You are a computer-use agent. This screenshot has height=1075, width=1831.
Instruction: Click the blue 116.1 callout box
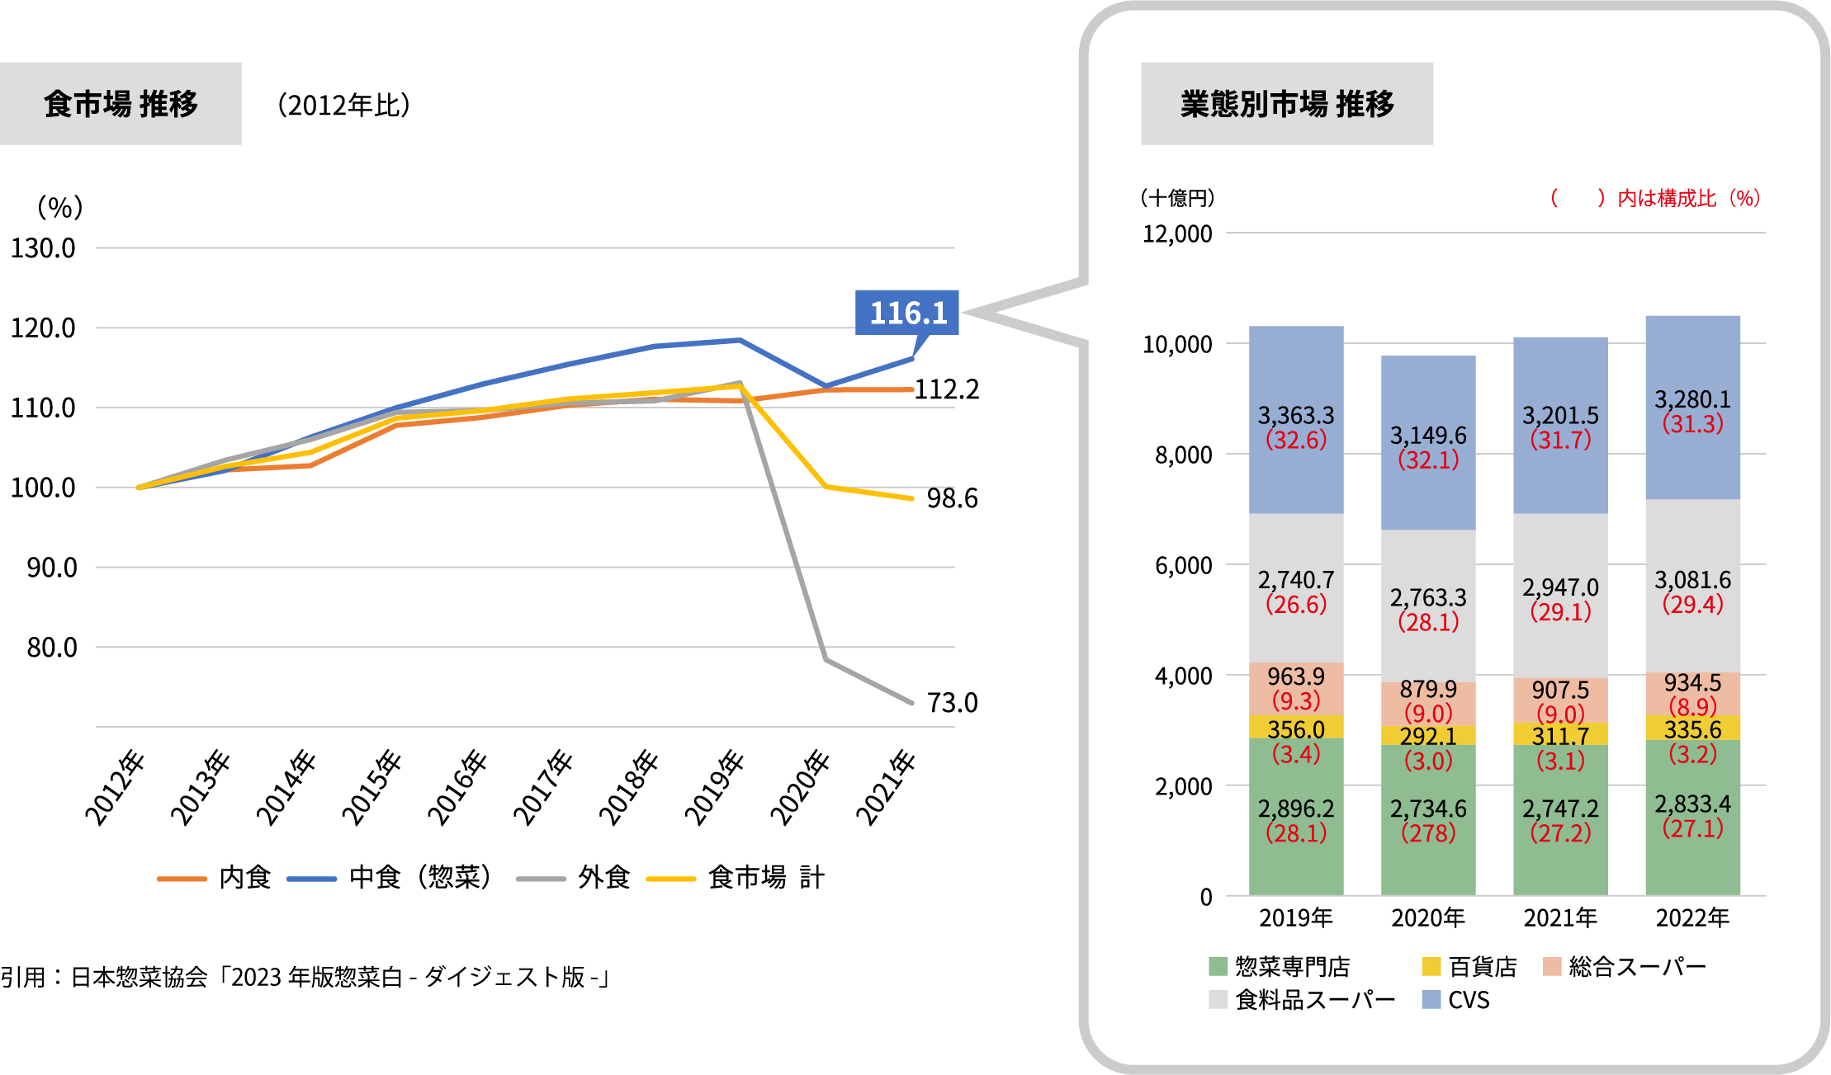pyautogui.click(x=906, y=313)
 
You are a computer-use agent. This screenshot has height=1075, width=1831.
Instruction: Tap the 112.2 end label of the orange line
pyautogui.click(x=947, y=389)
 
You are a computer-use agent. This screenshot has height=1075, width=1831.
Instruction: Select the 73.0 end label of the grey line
pyautogui.click(x=952, y=703)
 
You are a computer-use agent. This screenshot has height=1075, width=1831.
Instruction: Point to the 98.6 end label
pyautogui.click(x=952, y=498)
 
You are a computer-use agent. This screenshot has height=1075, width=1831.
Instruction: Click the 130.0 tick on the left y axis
pyautogui.click(x=43, y=248)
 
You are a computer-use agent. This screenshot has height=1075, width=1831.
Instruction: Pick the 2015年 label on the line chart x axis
pyautogui.click(x=372, y=787)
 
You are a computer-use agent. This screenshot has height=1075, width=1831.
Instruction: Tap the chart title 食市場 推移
pyautogui.click(x=121, y=104)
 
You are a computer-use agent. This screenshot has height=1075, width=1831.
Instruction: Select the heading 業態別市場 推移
pyautogui.click(x=1286, y=104)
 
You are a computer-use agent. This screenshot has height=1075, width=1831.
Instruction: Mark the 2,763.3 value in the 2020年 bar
pyautogui.click(x=1428, y=597)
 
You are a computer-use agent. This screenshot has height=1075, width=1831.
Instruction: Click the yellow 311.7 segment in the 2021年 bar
pyautogui.click(x=1560, y=734)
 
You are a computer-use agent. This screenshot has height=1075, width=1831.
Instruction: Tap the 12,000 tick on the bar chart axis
pyautogui.click(x=1177, y=234)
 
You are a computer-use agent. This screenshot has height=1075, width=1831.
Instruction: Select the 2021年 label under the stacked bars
pyautogui.click(x=1560, y=917)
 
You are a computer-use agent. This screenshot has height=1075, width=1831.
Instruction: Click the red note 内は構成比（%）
pyautogui.click(x=1687, y=198)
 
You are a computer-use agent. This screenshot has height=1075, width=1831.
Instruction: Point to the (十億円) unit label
pyautogui.click(x=1177, y=198)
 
